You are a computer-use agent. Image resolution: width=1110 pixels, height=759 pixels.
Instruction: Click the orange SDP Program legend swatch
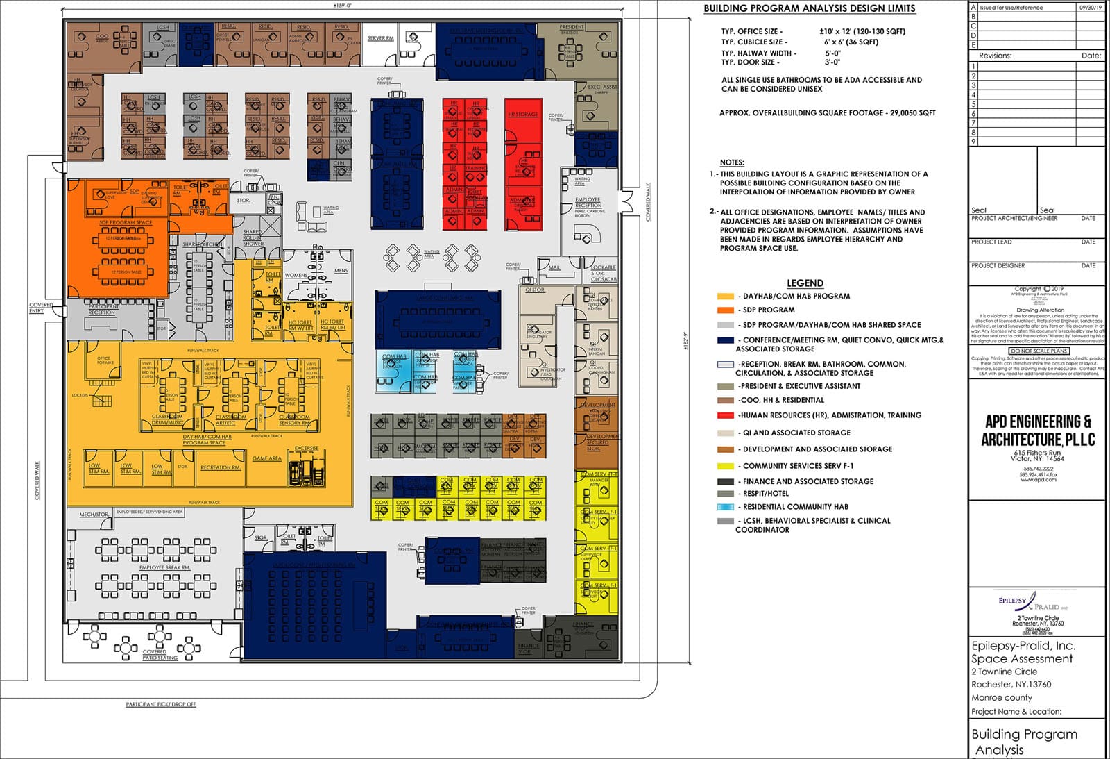click(725, 310)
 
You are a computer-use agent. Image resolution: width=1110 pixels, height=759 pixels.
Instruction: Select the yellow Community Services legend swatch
click(725, 466)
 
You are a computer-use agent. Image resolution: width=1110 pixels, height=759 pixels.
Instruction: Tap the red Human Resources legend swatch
click(725, 415)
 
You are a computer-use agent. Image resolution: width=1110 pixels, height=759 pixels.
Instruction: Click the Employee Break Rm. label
click(164, 567)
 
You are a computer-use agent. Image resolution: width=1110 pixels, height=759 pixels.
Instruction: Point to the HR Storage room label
click(522, 114)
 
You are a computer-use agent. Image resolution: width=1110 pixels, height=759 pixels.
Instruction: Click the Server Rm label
click(380, 38)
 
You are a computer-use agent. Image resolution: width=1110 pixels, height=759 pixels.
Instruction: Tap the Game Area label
click(266, 458)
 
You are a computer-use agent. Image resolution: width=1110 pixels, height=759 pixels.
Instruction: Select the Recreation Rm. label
click(220, 467)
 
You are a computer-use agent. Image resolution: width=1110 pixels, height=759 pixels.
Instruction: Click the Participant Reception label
click(101, 310)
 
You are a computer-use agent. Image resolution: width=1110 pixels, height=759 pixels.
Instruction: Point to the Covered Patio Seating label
click(160, 655)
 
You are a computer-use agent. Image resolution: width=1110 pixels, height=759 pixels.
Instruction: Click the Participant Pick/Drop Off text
click(161, 704)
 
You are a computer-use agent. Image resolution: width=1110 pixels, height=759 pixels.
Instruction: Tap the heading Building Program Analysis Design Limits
click(809, 9)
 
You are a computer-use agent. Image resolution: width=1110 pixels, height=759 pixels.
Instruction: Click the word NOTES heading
click(731, 162)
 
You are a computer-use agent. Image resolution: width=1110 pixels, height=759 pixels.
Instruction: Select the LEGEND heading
click(805, 283)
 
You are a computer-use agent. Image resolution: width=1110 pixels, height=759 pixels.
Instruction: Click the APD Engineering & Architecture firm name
click(1037, 431)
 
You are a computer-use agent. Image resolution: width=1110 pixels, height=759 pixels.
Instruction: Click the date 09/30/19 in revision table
click(1089, 7)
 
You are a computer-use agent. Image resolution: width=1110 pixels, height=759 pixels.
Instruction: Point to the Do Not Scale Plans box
click(1038, 351)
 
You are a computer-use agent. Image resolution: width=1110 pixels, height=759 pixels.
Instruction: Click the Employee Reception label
click(588, 202)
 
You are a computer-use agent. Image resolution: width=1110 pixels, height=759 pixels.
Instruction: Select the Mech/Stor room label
click(94, 515)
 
